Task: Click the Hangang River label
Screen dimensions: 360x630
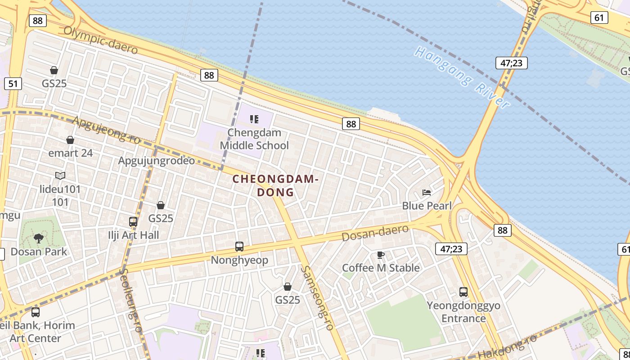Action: click(x=463, y=76)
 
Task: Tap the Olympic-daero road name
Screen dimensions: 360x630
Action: click(x=100, y=40)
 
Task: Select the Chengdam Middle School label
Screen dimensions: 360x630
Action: click(x=254, y=139)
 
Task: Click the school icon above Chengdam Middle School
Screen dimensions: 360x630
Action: click(x=254, y=119)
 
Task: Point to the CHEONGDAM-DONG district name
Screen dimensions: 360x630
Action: click(x=275, y=185)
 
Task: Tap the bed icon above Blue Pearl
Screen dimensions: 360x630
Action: click(x=427, y=193)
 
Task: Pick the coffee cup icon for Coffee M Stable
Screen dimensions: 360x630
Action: click(x=381, y=255)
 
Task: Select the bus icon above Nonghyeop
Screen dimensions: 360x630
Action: click(x=239, y=247)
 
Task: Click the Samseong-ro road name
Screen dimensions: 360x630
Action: click(x=318, y=297)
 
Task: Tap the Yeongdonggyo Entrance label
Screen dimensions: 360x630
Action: click(x=463, y=312)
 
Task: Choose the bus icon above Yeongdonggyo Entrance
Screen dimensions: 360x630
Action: click(x=463, y=292)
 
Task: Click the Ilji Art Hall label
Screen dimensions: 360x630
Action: click(x=134, y=235)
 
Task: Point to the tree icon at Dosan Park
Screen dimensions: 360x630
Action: click(x=39, y=238)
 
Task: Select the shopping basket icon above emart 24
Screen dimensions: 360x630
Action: click(x=70, y=140)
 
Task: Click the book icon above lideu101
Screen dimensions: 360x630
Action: click(x=60, y=175)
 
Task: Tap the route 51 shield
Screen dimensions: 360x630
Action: click(x=13, y=83)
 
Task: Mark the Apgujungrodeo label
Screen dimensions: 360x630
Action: click(x=157, y=161)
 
